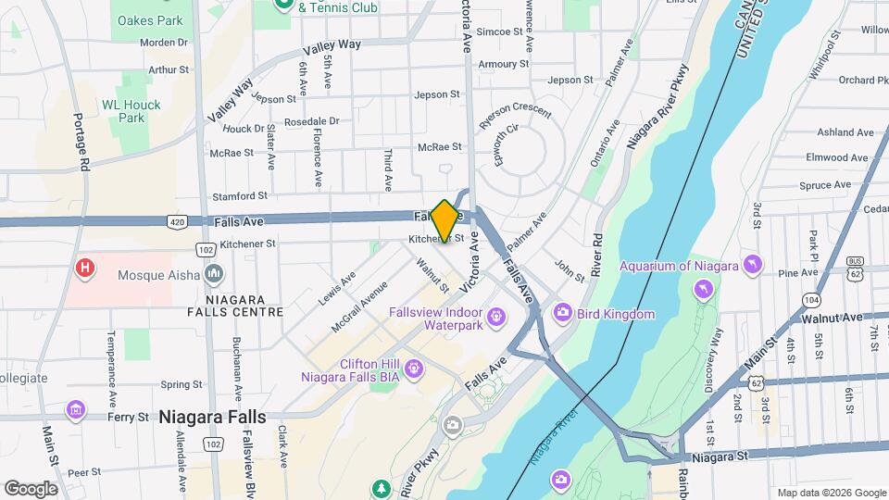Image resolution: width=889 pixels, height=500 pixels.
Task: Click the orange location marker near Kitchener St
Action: [x=444, y=220]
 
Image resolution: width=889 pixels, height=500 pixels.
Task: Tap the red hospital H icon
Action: [x=85, y=269]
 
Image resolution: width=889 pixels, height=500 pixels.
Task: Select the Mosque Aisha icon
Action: [x=215, y=273]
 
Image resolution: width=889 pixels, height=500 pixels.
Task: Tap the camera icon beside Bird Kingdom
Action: [x=562, y=314]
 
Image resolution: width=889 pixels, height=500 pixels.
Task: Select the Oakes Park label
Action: [x=149, y=20]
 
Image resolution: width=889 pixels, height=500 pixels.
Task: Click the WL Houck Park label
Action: [x=131, y=111]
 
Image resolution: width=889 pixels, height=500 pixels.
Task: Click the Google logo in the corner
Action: [x=31, y=489]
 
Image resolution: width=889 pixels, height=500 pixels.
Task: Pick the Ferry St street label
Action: [x=129, y=418]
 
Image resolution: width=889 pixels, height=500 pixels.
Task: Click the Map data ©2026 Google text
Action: [x=831, y=493]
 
